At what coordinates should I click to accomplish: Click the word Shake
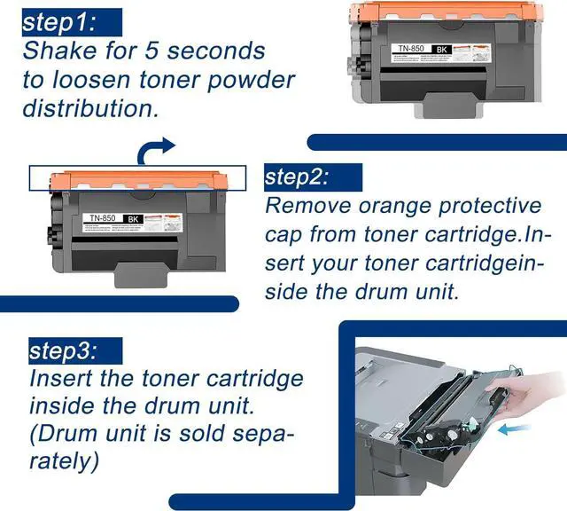coord(63,51)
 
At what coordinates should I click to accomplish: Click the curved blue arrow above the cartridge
coord(159,148)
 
